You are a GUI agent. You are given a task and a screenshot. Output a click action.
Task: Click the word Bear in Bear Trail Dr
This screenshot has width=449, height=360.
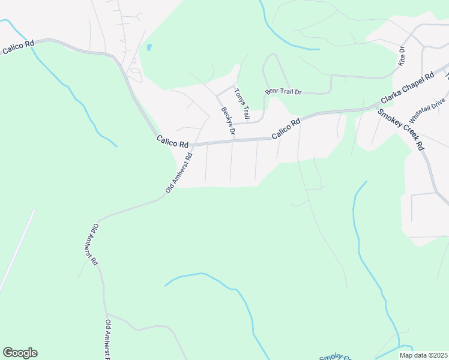click(272, 92)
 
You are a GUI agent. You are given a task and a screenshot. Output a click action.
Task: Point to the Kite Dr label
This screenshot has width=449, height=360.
click(402, 57)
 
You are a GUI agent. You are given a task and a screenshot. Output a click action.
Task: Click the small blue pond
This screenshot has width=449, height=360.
click(149, 47)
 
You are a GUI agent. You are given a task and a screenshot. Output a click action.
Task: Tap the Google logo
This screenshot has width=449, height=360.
click(20, 353)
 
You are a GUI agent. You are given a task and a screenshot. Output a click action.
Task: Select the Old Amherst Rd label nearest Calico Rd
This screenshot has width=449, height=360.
click(179, 173)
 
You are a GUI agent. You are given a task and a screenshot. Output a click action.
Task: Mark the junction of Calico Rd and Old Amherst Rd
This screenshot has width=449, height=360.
click(191, 145)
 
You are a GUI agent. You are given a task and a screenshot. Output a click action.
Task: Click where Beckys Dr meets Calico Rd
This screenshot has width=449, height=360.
click(234, 141)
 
